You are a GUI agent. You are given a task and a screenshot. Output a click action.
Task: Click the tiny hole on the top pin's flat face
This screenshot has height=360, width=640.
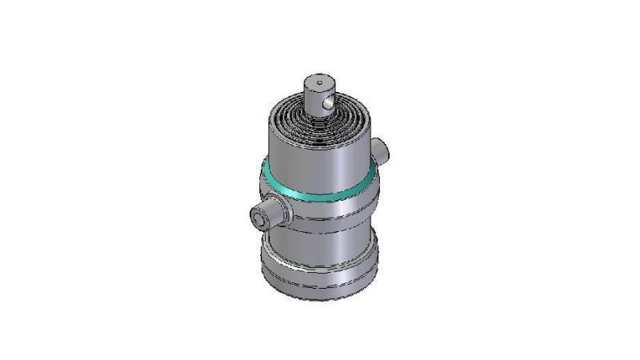pyautogui.click(x=318, y=81)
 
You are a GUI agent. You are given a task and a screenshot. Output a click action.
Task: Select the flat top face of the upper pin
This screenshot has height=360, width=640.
pyautogui.click(x=318, y=82)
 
